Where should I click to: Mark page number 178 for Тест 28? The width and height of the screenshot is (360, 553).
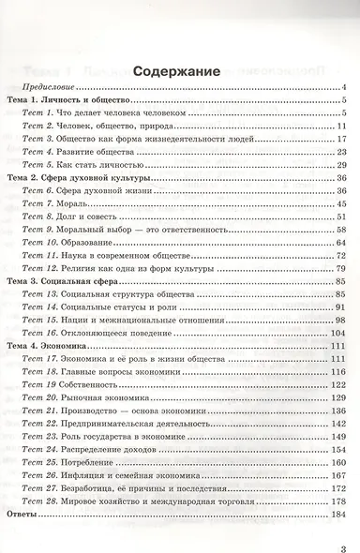[340, 502]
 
